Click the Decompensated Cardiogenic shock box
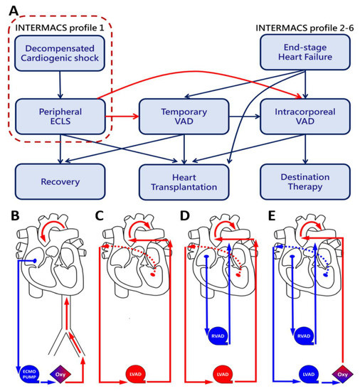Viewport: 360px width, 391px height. (60, 53)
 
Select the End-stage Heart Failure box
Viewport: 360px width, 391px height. (305, 52)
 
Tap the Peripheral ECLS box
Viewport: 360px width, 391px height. (60, 117)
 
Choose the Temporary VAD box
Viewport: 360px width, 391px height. (184, 117)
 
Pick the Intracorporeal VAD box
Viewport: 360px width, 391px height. (305, 117)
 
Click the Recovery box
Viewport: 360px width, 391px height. (60, 181)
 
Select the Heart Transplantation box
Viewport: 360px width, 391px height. (184, 182)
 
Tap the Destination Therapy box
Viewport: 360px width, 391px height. (305, 182)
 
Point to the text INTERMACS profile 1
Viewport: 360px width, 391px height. (60, 28)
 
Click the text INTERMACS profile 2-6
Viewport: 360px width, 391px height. (305, 28)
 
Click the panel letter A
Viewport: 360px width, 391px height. (14, 11)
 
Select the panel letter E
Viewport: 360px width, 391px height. (272, 216)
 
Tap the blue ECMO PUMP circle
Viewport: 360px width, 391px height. (29, 374)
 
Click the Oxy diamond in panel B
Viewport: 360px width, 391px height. (60, 374)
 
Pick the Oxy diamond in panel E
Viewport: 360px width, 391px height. (342, 374)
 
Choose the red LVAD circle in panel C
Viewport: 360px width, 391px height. (136, 374)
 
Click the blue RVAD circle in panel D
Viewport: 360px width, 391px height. (218, 336)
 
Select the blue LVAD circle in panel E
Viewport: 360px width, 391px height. (309, 374)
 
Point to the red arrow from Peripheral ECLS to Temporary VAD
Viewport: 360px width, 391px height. (122, 116)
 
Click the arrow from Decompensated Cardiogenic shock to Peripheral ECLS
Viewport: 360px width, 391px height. (60, 85)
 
